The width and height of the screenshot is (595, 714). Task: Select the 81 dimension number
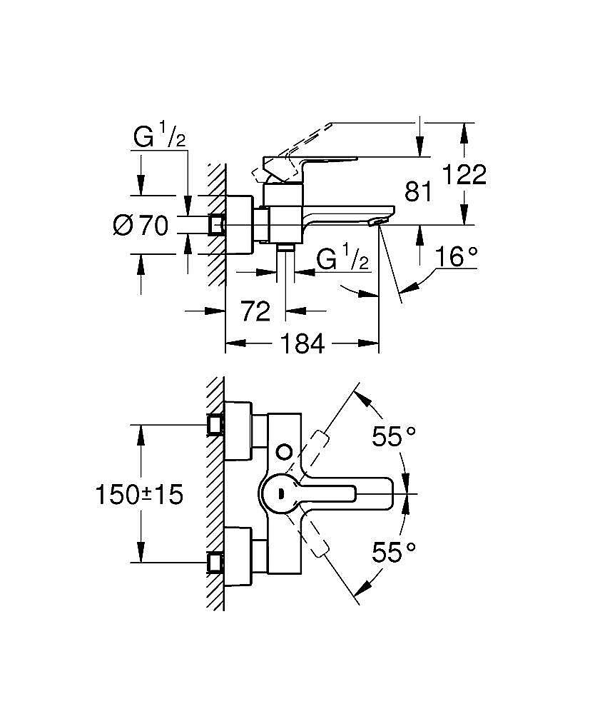[x=419, y=191]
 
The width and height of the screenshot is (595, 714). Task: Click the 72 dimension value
[x=255, y=311]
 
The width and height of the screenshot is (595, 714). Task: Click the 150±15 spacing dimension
[x=140, y=494]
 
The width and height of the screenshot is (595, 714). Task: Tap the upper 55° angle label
[x=393, y=437]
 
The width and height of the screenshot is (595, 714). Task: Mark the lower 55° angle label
[x=393, y=550]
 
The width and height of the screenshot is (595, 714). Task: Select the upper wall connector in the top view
[x=215, y=424]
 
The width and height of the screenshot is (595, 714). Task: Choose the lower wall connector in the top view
[x=215, y=563]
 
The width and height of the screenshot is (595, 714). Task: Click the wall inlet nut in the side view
[x=215, y=226]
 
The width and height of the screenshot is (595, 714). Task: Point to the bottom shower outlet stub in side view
[x=286, y=248]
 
